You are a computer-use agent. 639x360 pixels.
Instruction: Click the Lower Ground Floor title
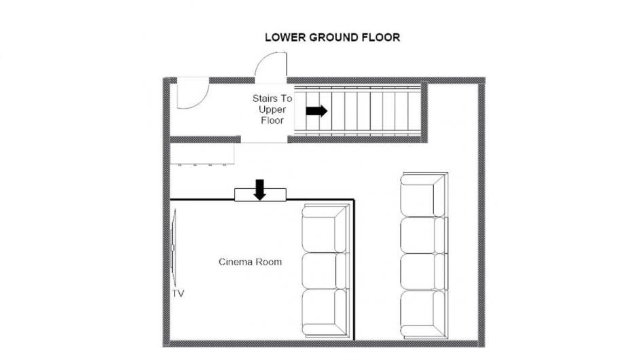[332, 37]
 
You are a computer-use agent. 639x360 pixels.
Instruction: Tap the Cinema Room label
[250, 262]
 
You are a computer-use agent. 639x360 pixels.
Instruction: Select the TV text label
[178, 293]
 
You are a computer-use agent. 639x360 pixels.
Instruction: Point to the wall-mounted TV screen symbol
[173, 247]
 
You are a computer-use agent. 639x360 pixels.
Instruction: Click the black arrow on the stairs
[316, 111]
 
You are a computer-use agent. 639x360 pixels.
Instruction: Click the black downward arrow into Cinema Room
[259, 190]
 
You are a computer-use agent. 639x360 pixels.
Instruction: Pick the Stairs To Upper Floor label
[272, 109]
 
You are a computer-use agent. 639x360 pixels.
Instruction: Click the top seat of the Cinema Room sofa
[325, 229]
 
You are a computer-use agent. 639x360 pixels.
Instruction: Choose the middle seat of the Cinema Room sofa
[325, 271]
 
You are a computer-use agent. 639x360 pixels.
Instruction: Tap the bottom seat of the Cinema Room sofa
[325, 312]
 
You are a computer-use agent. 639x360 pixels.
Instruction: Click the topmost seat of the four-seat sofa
[424, 195]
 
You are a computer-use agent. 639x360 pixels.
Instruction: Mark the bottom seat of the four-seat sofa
[424, 314]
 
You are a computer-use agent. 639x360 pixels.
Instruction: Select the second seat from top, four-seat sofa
[424, 235]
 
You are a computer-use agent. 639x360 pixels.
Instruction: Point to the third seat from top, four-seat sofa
[424, 272]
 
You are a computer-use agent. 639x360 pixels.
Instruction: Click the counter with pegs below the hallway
[202, 154]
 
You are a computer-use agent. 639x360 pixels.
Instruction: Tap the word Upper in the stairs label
[272, 109]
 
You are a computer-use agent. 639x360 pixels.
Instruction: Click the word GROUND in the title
[334, 37]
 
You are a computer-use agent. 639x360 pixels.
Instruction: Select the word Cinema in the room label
[235, 262]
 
